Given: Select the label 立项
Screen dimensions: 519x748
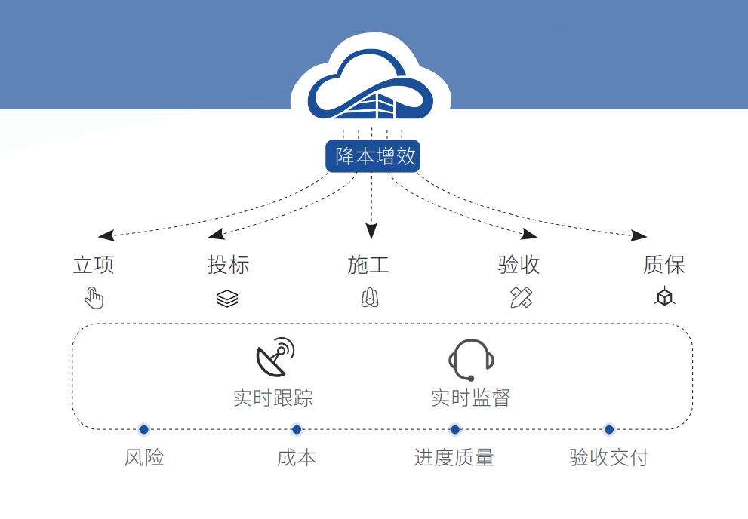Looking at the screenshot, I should click(94, 265).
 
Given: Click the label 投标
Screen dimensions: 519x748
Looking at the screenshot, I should click(228, 265).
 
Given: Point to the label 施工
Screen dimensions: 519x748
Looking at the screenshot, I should click(368, 265).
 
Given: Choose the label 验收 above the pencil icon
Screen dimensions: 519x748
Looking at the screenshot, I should click(519, 265).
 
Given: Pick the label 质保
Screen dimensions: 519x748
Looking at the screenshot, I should click(664, 265).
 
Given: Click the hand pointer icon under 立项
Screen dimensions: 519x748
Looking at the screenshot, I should click(94, 298).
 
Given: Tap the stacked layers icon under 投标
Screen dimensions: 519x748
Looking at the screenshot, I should click(227, 299).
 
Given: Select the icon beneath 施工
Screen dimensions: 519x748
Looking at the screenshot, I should click(369, 299).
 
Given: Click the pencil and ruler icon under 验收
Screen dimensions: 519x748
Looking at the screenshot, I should click(521, 298).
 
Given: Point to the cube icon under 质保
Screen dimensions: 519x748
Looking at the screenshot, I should click(664, 298).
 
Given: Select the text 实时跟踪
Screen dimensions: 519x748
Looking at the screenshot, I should click(273, 398).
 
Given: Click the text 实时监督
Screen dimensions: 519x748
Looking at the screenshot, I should click(471, 398).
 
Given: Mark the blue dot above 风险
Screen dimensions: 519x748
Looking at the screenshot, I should click(144, 429).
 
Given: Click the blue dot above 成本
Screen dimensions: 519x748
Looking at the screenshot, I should click(297, 429).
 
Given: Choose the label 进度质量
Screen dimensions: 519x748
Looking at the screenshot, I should click(454, 457).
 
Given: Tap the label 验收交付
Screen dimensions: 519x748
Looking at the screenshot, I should click(608, 457).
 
